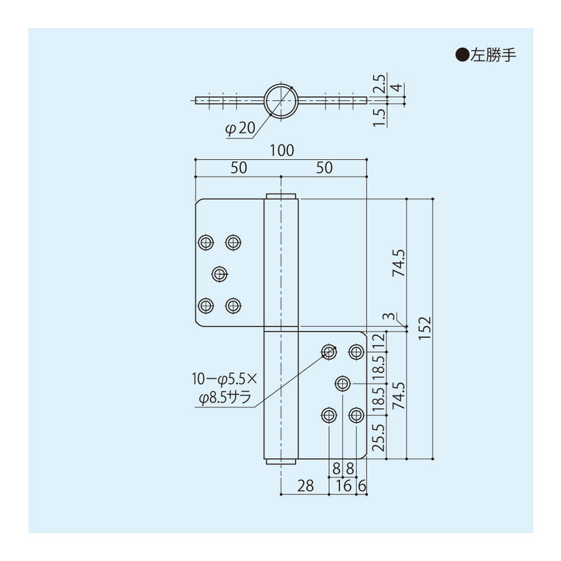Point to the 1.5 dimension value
point(378,114)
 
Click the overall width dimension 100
point(280,150)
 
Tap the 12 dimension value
point(378,341)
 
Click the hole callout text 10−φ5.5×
point(224,379)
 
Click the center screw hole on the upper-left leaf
point(219,273)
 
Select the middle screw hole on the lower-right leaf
point(343,383)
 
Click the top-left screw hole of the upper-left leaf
point(205,242)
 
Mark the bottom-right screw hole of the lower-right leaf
point(356,416)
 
